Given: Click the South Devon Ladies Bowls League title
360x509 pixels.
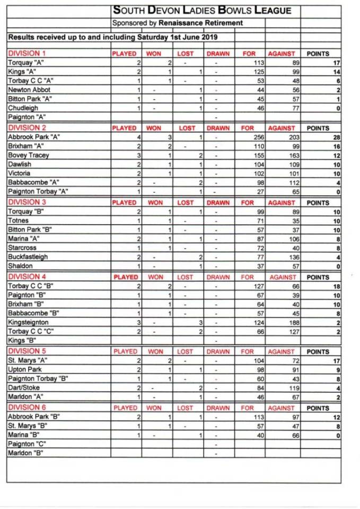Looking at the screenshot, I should (x=203, y=11).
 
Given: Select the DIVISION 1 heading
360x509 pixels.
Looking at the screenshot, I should (x=27, y=54).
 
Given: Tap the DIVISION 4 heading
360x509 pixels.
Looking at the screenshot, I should (x=27, y=277).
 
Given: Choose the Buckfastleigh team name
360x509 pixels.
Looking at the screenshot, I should (x=27, y=257).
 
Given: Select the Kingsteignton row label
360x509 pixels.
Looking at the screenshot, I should (x=28, y=322).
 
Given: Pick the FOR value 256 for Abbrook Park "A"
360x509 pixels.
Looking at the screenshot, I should (x=250, y=137).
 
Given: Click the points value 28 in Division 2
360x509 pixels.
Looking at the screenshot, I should (x=336, y=137).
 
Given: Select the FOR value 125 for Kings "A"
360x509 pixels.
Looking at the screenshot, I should (x=250, y=72).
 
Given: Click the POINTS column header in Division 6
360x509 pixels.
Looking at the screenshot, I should (x=318, y=408).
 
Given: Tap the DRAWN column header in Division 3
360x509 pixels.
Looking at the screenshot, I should (x=218, y=203).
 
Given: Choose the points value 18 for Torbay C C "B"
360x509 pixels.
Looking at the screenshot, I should (x=336, y=286).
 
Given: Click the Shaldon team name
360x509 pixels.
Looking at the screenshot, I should (x=20, y=266).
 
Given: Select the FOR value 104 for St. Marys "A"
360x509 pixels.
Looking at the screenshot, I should (x=250, y=360).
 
